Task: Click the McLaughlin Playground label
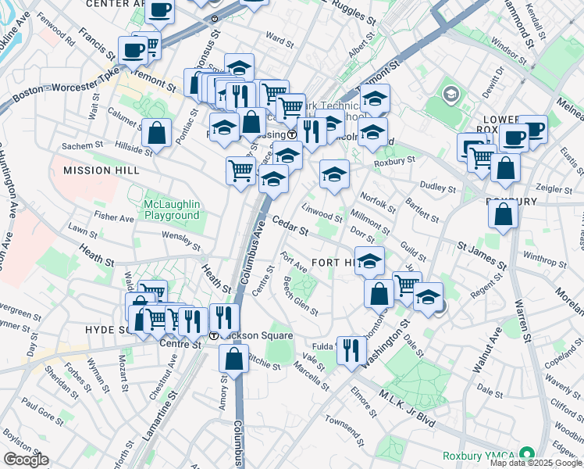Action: pos(172,209)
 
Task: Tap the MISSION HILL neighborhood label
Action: pos(101,170)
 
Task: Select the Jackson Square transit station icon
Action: pos(214,335)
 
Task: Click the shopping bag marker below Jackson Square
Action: pos(234,359)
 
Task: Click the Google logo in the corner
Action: pos(26,460)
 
